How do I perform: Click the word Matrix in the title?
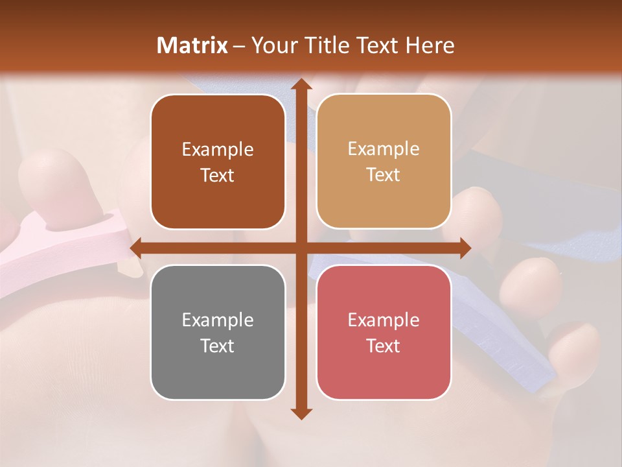[192, 45]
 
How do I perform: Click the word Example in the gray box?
[218, 320]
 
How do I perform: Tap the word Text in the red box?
[384, 346]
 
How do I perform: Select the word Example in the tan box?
[384, 149]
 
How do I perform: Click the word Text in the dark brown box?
[218, 175]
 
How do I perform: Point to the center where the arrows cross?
[300, 248]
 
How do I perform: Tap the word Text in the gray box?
[218, 346]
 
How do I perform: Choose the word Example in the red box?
[384, 320]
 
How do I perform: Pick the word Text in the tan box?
[384, 174]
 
